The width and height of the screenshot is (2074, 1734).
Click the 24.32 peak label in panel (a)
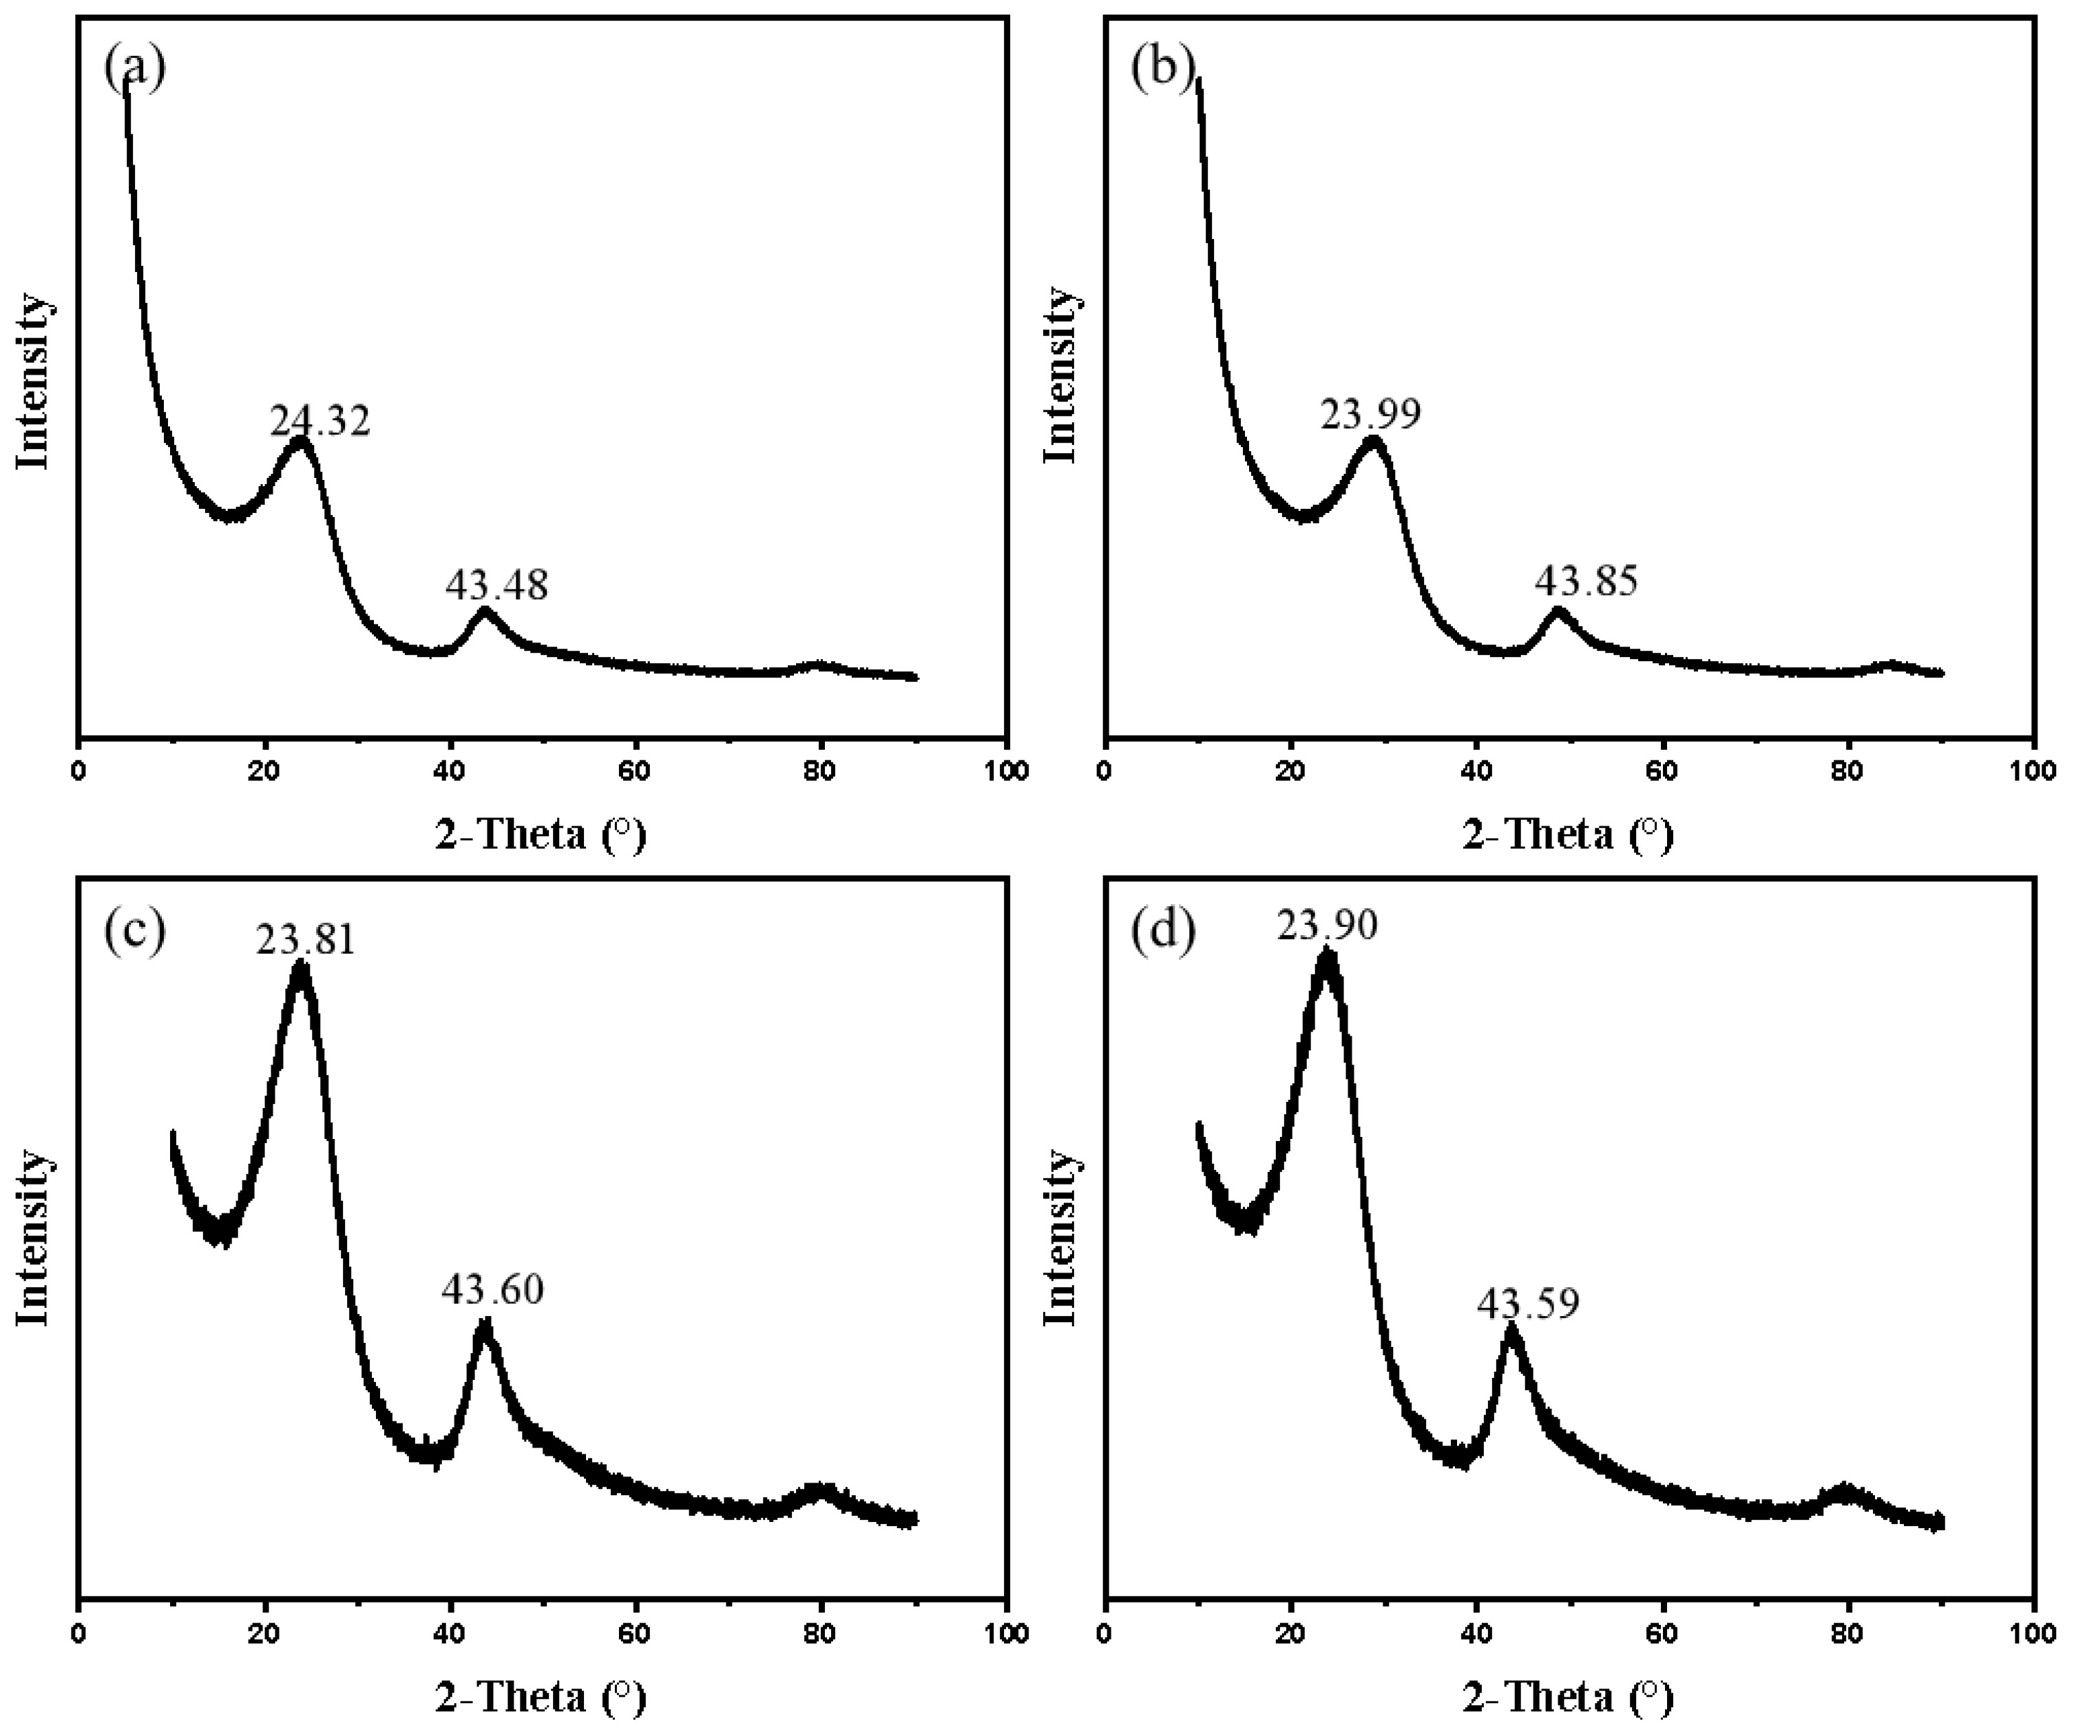pyautogui.click(x=320, y=421)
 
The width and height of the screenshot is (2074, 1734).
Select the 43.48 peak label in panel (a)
pyautogui.click(x=496, y=585)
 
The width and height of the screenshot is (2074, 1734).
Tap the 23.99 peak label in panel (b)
pyautogui.click(x=1371, y=414)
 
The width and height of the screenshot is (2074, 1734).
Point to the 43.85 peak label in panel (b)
pyautogui.click(x=1586, y=581)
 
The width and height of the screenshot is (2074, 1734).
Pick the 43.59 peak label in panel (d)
pyautogui.click(x=1528, y=1304)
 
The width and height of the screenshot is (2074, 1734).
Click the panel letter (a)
pyautogui.click(x=134, y=68)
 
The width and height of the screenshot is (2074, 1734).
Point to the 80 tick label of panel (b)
pyautogui.click(x=1848, y=771)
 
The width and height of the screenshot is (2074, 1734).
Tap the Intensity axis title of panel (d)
pyautogui.click(x=1060, y=1237)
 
